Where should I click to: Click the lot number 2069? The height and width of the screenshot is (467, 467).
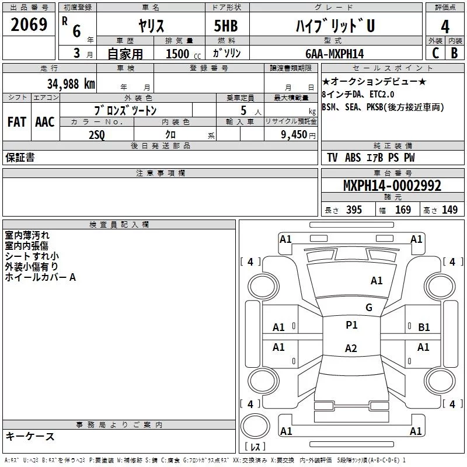tap(29, 25)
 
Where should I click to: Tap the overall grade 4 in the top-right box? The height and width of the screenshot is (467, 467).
tap(445, 27)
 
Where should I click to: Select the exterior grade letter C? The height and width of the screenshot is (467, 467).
tap(435, 53)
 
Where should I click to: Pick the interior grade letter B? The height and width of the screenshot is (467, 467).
tap(455, 53)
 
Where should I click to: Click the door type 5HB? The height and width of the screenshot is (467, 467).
tap(226, 26)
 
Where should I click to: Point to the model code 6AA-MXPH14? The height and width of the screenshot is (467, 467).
tap(334, 54)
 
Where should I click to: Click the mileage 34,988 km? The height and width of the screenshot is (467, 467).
tap(71, 84)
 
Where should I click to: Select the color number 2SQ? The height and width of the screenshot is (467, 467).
tap(97, 135)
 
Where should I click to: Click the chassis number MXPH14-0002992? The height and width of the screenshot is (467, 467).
tap(392, 186)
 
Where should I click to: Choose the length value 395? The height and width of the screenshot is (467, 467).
tap(354, 210)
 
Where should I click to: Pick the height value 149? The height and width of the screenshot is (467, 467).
tap(449, 210)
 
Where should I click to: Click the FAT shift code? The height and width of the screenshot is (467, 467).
tap(17, 122)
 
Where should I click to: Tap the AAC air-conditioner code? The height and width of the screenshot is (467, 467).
tap(45, 122)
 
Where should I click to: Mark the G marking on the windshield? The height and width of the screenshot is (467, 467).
tap(369, 308)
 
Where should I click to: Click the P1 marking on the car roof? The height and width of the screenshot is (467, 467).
tap(351, 325)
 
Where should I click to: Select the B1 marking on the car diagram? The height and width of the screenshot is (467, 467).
tap(424, 327)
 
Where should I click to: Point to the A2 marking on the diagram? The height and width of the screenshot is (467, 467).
tap(351, 348)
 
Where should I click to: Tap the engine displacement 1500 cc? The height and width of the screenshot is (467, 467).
tap(183, 54)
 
